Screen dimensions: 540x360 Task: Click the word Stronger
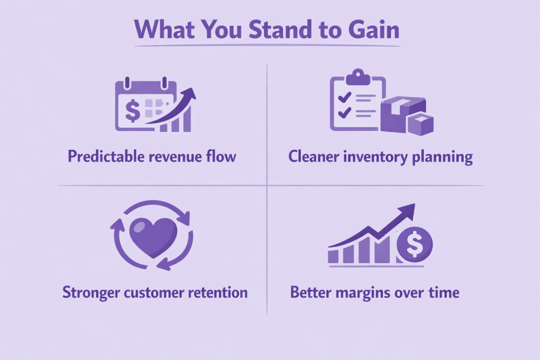(x=91, y=293)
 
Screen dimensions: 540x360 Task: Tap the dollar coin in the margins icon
(x=415, y=244)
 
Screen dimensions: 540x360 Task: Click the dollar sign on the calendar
(x=133, y=111)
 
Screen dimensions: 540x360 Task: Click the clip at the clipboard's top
(x=358, y=77)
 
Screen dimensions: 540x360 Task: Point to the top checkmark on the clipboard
(x=345, y=97)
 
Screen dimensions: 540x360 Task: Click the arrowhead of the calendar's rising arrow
(x=188, y=94)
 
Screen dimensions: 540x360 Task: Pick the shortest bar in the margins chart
(x=333, y=256)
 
